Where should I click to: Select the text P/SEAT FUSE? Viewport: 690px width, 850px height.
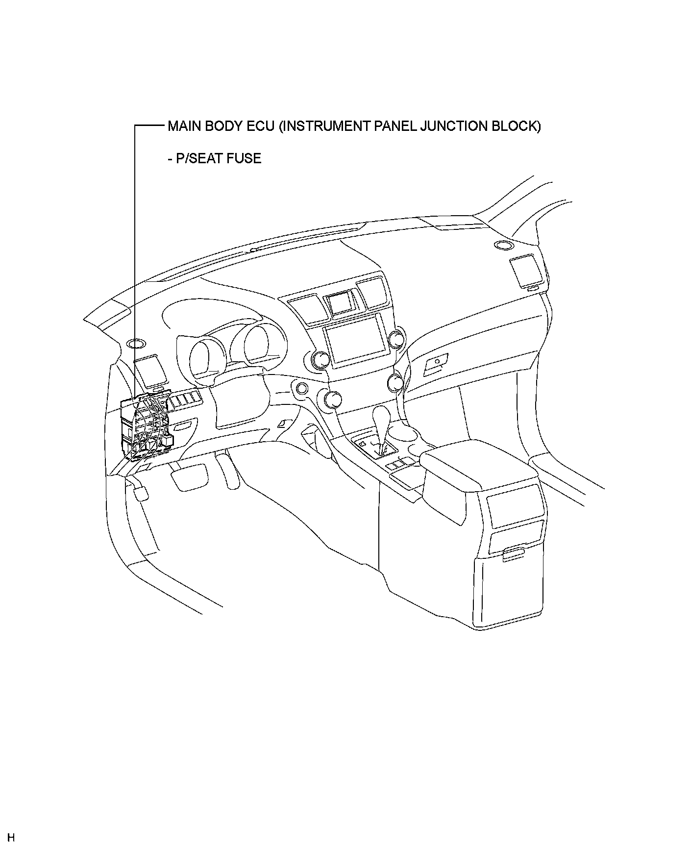pos(214,158)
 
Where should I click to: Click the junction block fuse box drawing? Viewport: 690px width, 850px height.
pos(146,426)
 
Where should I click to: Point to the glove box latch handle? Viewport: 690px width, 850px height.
pos(436,362)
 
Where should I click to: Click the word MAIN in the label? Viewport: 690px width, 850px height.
pos(184,126)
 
